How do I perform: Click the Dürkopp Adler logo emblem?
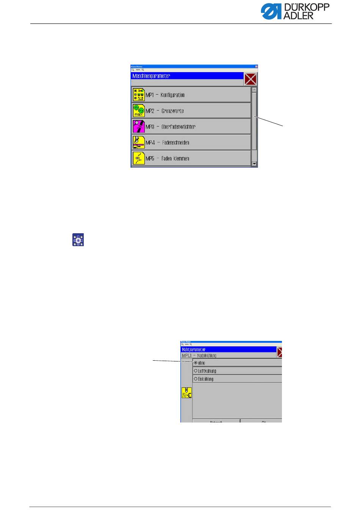point(270,12)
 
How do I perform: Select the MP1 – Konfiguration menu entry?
point(191,95)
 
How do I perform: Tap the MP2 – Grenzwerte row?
point(191,111)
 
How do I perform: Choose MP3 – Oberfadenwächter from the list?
point(191,127)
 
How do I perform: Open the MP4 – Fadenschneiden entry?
point(191,143)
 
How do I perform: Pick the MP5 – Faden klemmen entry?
point(191,158)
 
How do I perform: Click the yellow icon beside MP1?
point(139,95)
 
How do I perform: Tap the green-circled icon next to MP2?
point(139,111)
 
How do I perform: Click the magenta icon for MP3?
point(139,127)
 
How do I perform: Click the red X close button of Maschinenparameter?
point(250,80)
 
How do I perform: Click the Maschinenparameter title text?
point(151,76)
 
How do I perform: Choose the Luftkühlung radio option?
point(196,371)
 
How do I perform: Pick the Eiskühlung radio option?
point(196,379)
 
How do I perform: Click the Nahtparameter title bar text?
point(194,349)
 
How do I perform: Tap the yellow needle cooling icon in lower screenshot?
point(186,393)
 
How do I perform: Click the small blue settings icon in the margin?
point(78,240)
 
